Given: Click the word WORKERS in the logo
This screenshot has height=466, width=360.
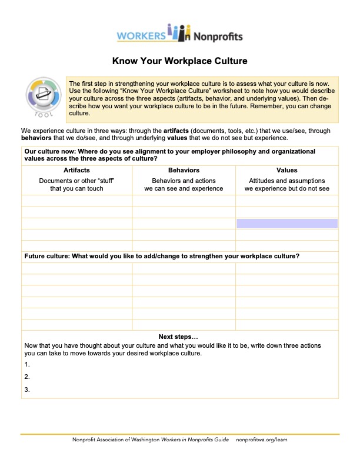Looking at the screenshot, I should [141, 36].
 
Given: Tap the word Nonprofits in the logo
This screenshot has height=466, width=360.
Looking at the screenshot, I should [218, 36].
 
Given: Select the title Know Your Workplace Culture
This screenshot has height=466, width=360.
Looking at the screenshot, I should [180, 61].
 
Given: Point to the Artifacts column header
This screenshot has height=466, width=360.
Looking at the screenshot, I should [76, 170].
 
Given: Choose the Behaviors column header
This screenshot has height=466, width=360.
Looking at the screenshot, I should [184, 170].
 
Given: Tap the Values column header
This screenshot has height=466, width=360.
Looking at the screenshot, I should [286, 170].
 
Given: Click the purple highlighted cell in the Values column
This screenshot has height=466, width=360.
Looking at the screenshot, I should [286, 224].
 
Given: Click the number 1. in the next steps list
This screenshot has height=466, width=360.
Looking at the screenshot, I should [27, 365].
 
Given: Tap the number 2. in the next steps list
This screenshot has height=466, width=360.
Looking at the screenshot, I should [27, 377].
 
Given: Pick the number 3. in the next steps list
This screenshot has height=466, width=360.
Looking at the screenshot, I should [27, 390].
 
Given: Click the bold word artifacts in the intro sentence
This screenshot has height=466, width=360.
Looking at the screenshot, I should [179, 131].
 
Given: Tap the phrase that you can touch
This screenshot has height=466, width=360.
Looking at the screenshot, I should [76, 188].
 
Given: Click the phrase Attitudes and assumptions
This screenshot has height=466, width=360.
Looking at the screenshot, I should [286, 181].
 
